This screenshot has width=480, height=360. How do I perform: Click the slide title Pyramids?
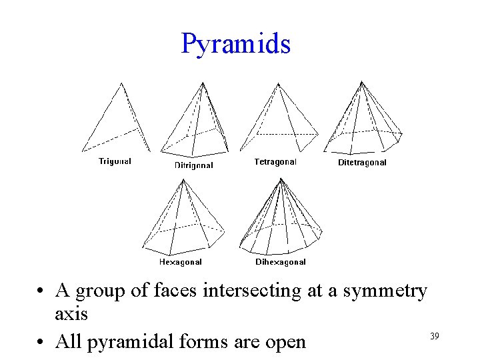[x=235, y=44]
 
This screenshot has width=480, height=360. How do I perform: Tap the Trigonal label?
[x=115, y=161]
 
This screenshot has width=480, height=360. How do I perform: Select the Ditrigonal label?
[x=194, y=165]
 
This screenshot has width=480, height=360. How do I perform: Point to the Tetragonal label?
[x=275, y=161]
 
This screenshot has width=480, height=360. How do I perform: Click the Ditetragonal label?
[x=362, y=162]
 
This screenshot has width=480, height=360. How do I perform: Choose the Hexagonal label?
[x=180, y=262]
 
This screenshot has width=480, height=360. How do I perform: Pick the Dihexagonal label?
[x=281, y=262]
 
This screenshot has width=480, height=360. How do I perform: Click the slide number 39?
[x=435, y=336]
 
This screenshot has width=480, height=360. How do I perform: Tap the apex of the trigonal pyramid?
[x=121, y=83]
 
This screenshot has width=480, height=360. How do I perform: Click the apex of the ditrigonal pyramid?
[x=203, y=83]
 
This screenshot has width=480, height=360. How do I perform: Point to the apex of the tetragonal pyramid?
[x=278, y=83]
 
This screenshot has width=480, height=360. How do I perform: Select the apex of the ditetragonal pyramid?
[x=361, y=82]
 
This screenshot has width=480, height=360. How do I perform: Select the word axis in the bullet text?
[x=71, y=313]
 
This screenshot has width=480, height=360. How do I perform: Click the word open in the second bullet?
[x=287, y=342]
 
